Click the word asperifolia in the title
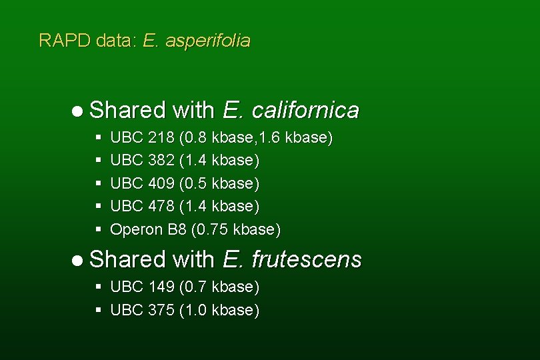click(x=208, y=41)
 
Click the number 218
click(x=162, y=138)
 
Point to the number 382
click(x=162, y=161)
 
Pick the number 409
click(x=162, y=183)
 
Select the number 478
click(x=162, y=206)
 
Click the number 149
click(x=162, y=287)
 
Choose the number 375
click(x=162, y=310)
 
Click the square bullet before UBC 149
click(x=98, y=287)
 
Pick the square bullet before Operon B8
click(x=98, y=229)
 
